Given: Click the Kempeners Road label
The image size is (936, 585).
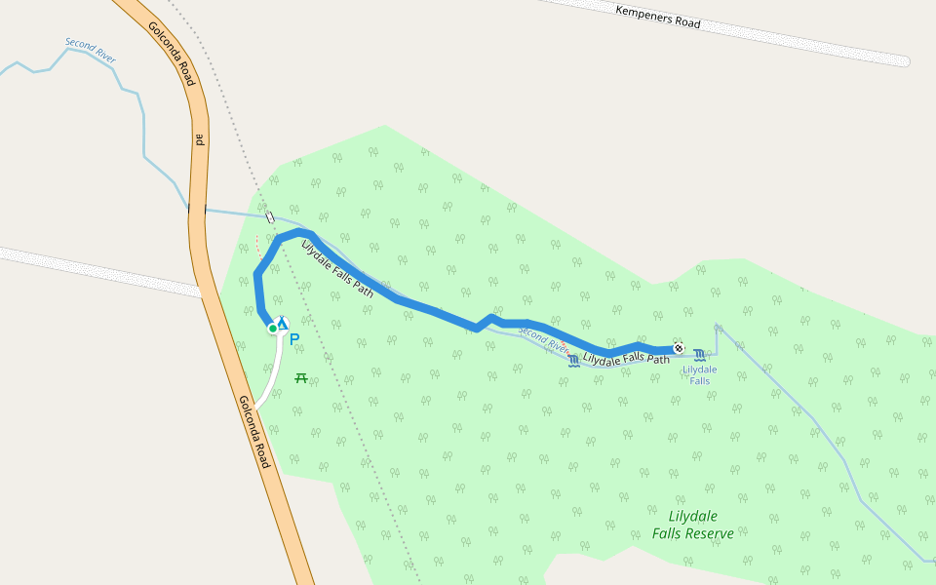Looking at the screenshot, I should tap(658, 17).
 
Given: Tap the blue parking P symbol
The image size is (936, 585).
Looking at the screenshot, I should tap(293, 340).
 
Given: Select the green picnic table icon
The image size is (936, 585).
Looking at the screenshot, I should tap(301, 377).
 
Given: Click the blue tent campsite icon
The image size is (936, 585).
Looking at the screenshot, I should tap(282, 323).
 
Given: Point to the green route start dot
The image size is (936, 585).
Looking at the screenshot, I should tap(273, 329).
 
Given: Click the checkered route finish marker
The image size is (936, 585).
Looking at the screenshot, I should tap(679, 348).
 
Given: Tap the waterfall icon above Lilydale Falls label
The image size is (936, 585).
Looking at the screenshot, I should tap(700, 354).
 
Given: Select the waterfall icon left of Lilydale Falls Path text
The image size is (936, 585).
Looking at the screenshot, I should tap(573, 361).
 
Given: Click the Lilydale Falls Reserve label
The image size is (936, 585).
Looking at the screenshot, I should tap(693, 525).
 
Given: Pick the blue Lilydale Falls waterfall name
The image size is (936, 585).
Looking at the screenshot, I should tap(700, 374).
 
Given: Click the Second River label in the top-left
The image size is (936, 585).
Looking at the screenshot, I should tap(91, 51).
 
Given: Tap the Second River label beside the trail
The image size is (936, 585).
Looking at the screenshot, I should tap(542, 338).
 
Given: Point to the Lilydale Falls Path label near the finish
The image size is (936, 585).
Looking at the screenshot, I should tap(626, 359).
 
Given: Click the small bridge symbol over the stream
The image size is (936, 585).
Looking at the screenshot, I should tap(270, 218).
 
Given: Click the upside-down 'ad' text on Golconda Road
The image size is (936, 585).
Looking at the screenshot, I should tap(198, 138).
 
